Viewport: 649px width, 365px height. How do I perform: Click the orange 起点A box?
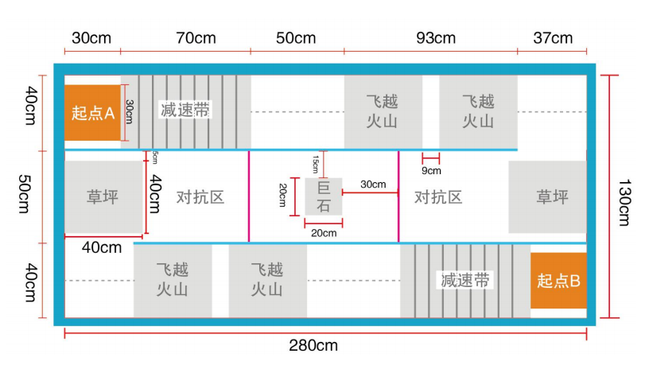coord(93,113)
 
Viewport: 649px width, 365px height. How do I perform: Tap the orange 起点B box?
coord(558,281)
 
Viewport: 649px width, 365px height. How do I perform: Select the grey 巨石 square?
coord(324,196)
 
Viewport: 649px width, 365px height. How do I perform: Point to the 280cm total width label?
coord(313,345)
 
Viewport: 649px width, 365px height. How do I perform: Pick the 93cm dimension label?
coord(436,38)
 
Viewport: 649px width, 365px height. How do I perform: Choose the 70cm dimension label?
coord(196,38)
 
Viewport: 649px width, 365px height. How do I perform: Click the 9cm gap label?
coord(431,170)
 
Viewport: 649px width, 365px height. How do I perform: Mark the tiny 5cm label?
coord(154,157)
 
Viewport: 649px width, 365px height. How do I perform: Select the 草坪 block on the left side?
coord(103,196)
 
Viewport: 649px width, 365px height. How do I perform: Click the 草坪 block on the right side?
coord(552,196)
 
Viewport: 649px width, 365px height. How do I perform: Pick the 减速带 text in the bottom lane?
coord(465,280)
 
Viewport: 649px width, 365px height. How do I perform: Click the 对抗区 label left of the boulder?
coord(200,197)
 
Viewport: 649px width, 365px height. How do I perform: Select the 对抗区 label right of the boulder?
coord(438,197)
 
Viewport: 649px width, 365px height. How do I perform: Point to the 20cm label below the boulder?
coord(323,233)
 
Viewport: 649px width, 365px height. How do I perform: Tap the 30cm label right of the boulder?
coord(372,184)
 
